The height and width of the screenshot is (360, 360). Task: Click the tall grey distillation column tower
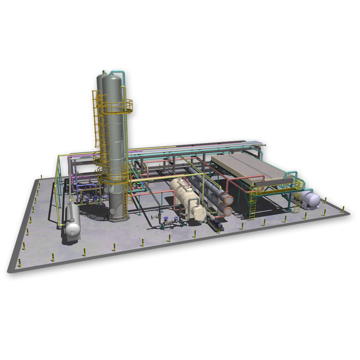[x=117, y=144]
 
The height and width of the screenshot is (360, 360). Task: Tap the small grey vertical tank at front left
[x=72, y=222]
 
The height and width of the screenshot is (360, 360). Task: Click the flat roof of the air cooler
[x=250, y=166]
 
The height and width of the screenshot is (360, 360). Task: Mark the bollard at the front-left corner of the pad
[x=19, y=262]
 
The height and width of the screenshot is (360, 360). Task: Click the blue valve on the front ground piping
[x=166, y=219]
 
